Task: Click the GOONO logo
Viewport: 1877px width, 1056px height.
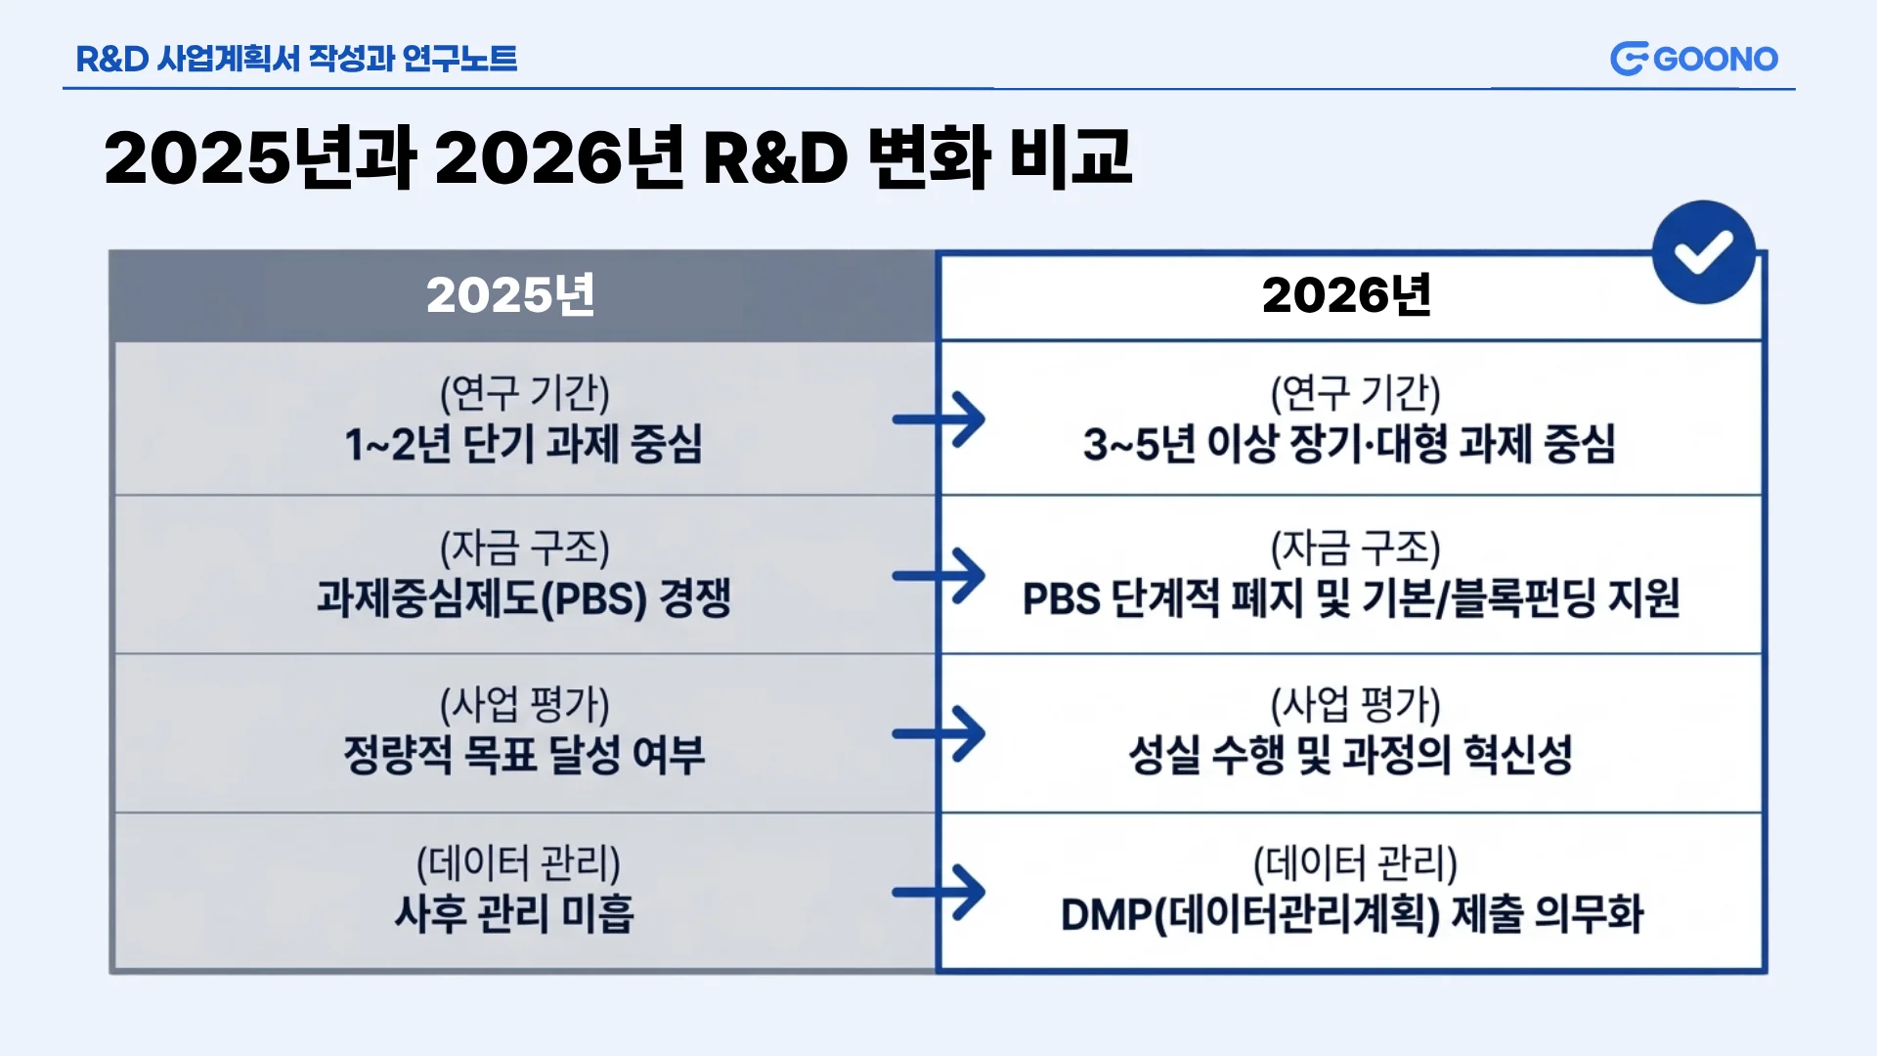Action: (x=1694, y=59)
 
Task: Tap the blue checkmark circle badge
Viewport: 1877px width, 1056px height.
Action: (x=1704, y=252)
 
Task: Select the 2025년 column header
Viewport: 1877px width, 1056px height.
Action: (x=510, y=295)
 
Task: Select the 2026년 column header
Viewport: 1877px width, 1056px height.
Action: (x=1346, y=295)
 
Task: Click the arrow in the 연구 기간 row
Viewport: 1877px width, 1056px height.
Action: (x=938, y=419)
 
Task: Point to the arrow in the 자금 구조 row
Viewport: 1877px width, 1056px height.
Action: (x=938, y=575)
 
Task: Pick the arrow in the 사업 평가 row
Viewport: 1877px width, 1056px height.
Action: (x=938, y=733)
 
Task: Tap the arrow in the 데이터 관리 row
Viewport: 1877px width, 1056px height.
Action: (x=938, y=892)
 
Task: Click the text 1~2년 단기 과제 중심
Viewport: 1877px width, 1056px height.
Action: (x=524, y=444)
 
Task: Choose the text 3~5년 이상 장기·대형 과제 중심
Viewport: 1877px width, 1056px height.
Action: (x=1349, y=444)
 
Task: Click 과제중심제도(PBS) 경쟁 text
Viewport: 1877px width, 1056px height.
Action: (x=524, y=598)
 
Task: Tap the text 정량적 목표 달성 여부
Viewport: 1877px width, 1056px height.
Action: (x=524, y=755)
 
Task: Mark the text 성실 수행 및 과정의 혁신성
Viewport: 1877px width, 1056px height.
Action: (x=1350, y=755)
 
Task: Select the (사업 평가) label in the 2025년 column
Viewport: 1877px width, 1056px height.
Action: (x=524, y=705)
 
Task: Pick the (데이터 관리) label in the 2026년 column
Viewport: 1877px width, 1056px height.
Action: (x=1355, y=863)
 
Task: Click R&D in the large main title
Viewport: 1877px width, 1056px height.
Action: (x=775, y=158)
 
